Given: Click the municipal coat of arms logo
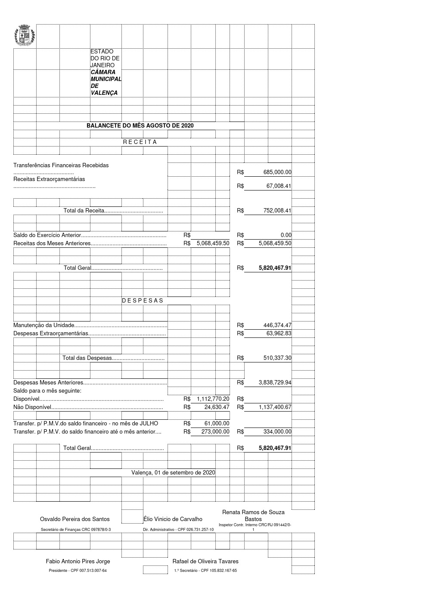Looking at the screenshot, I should pyautogui.click(x=25, y=36).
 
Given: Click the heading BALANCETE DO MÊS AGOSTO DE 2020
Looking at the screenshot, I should pyautogui.click(x=140, y=126).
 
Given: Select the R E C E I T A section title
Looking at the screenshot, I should pyautogui.click(x=140, y=142).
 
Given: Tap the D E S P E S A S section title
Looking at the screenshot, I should pyautogui.click(x=143, y=301).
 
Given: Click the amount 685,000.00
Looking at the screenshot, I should pyautogui.click(x=277, y=172).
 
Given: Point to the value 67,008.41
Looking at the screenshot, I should pyautogui.click(x=279, y=186).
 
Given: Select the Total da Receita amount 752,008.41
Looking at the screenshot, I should pyautogui.click(x=277, y=211).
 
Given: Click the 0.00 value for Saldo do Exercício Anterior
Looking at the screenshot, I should pyautogui.click(x=286, y=235).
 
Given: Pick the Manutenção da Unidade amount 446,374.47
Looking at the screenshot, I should pyautogui.click(x=277, y=325).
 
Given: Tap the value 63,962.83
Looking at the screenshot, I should pyautogui.click(x=279, y=333).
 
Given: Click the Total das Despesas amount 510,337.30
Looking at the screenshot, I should pyautogui.click(x=277, y=358).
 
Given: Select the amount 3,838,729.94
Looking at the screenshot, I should pyautogui.click(x=275, y=383).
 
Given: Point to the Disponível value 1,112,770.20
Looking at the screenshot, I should pyautogui.click(x=213, y=399).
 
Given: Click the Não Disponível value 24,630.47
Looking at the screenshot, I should pyautogui.click(x=217, y=407).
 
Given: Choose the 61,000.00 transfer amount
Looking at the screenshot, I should pyautogui.click(x=217, y=424).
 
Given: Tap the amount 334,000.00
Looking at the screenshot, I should pyautogui.click(x=277, y=432).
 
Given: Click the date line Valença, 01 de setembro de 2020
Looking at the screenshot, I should pyautogui.click(x=173, y=473).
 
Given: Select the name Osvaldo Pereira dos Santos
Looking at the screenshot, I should pyautogui.click(x=75, y=519).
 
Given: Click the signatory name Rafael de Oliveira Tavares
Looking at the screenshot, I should pyautogui.click(x=205, y=562).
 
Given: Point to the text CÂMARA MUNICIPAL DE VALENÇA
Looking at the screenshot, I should pyautogui.click(x=106, y=83).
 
